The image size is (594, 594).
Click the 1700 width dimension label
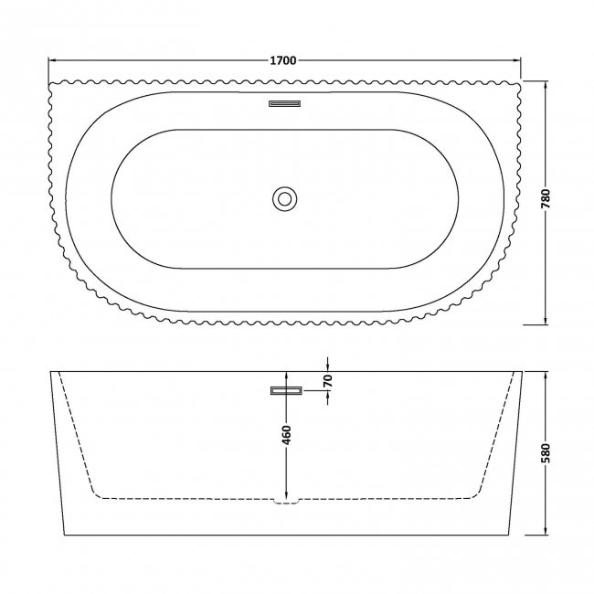tap(283, 61)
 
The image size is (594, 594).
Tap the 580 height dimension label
tap(546, 453)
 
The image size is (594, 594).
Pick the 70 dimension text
tap(327, 381)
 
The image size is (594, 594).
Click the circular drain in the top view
tap(284, 197)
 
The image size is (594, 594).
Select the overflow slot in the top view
tap(284, 103)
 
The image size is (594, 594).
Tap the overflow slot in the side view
tap(286, 391)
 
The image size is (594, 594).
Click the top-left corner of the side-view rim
tap(50, 372)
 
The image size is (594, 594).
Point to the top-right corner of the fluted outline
tap(519, 83)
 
